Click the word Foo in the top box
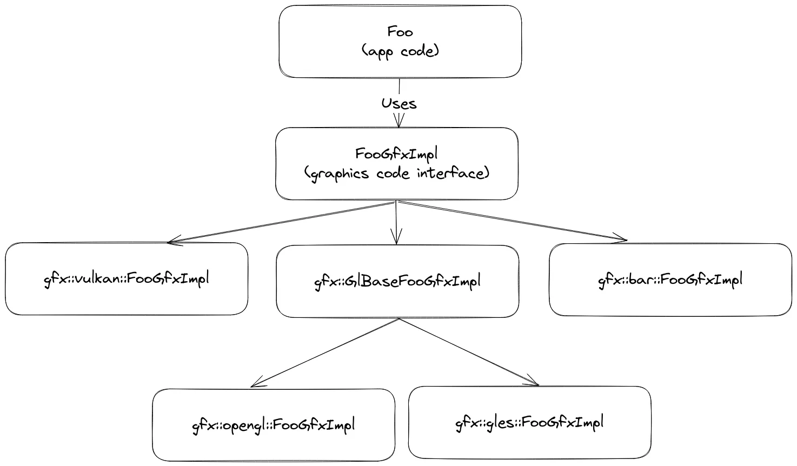tap(400, 32)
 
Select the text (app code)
tap(400, 51)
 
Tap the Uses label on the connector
tap(399, 104)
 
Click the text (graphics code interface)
tap(397, 174)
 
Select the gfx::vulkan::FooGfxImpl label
tap(127, 279)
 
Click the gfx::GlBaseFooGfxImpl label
tap(397, 282)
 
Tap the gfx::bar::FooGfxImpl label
tap(670, 280)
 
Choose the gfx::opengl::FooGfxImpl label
tap(274, 425)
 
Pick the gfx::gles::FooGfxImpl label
tap(529, 423)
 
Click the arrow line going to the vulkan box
tap(282, 222)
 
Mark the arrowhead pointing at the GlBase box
tap(396, 237)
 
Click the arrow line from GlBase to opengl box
tap(325, 352)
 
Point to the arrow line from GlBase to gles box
tap(469, 352)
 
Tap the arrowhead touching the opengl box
tap(256, 383)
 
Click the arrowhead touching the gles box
tap(533, 381)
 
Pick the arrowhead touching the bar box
tap(620, 239)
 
